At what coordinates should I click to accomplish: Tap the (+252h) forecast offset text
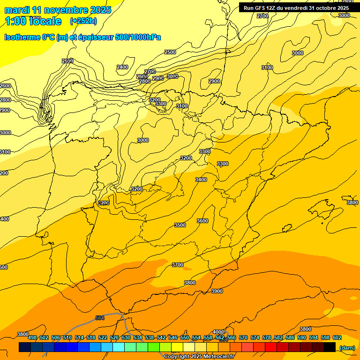tap(83, 21)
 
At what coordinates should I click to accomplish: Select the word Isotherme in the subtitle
tap(22, 37)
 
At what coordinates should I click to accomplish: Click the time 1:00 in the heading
tap(15, 21)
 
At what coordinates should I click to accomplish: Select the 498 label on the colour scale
tap(32, 337)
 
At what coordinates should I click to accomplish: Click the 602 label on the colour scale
tap(337, 337)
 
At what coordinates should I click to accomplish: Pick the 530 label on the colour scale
tap(126, 337)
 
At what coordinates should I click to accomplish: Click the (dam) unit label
tap(347, 347)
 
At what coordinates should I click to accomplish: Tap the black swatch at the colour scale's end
tap(330, 347)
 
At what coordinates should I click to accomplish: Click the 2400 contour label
tap(122, 67)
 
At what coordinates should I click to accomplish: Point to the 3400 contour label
tap(201, 180)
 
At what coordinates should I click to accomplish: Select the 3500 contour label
tap(180, 225)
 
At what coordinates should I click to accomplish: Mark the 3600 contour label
tap(202, 221)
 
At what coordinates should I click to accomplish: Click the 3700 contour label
tap(178, 265)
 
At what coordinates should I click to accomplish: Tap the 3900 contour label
tap(217, 291)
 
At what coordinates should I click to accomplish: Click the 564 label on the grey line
tap(100, 318)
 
